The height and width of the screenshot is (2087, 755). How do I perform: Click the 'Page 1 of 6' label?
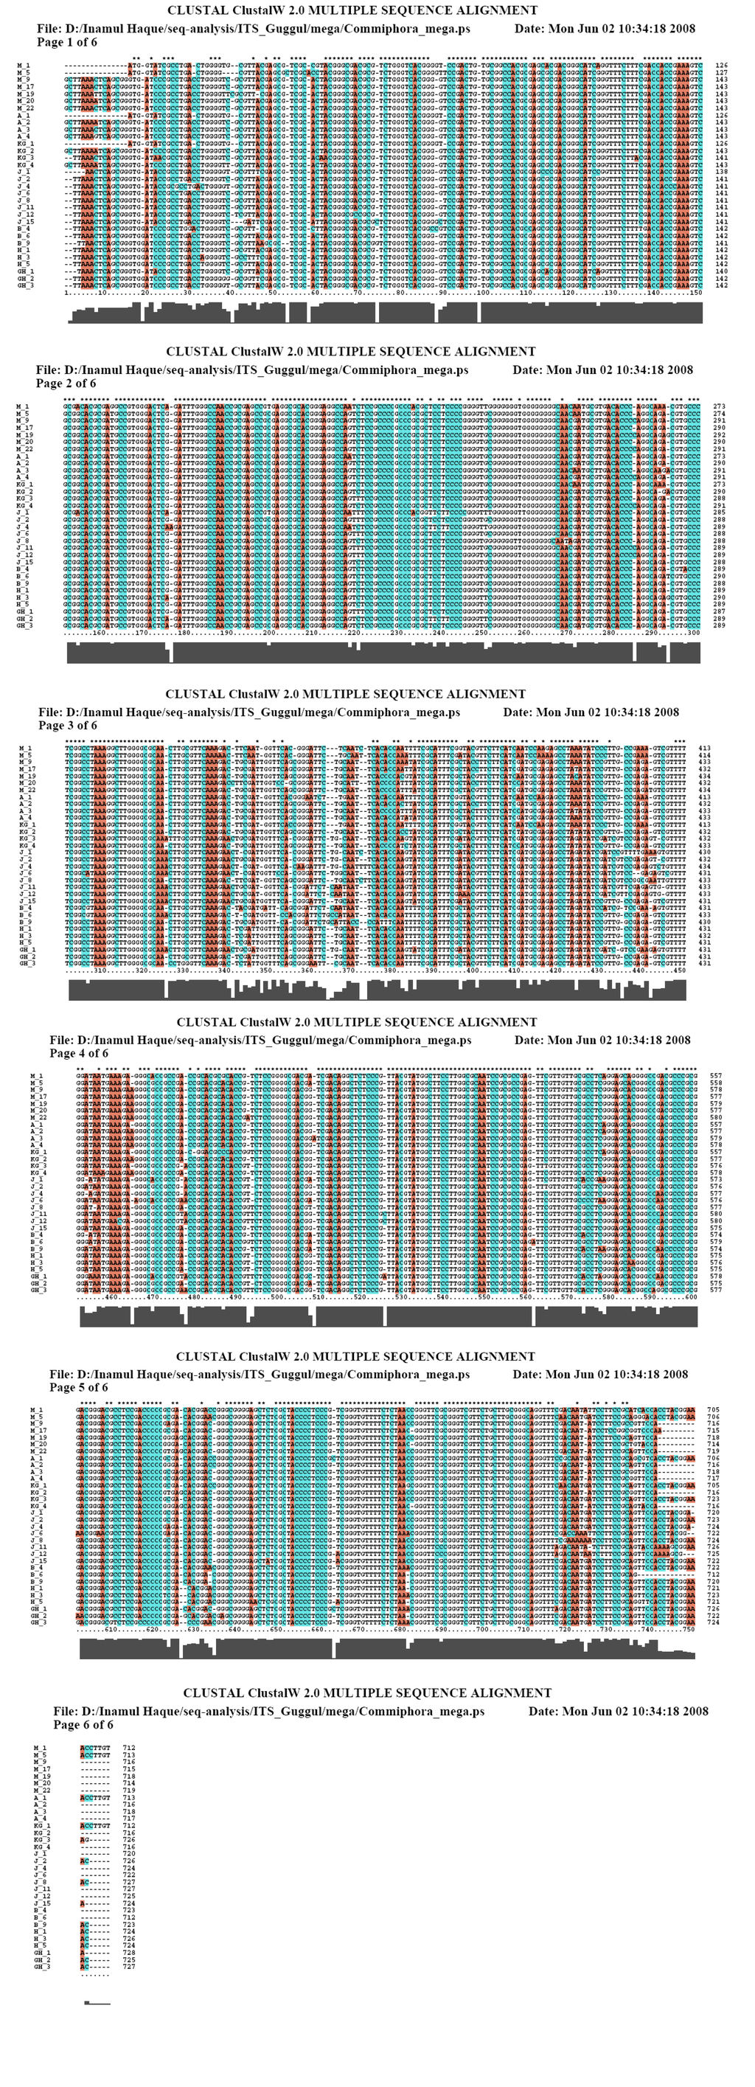pyautogui.click(x=66, y=42)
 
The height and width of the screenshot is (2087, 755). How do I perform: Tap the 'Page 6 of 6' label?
pyautogui.click(x=83, y=1725)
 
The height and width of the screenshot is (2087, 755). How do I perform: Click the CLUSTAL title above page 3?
pyautogui.click(x=345, y=695)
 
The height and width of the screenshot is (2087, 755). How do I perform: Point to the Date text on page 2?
pyautogui.click(x=602, y=370)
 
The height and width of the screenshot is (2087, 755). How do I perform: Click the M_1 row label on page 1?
pyautogui.click(x=24, y=66)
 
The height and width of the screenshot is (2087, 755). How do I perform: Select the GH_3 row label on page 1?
pyautogui.click(x=25, y=285)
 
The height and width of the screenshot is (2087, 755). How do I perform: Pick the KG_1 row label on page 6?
pyautogui.click(x=41, y=1803)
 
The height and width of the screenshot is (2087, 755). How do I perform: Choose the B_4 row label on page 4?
pyautogui.click(x=36, y=1235)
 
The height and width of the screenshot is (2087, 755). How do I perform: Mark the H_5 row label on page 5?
pyautogui.click(x=36, y=1602)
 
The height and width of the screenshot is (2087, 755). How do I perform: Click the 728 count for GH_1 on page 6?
pyautogui.click(x=129, y=1953)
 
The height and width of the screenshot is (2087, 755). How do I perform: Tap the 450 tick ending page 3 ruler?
pyautogui.click(x=680, y=970)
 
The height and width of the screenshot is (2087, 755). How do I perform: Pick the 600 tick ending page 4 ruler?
pyautogui.click(x=691, y=1298)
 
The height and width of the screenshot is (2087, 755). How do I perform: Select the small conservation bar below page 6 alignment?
pyautogui.click(x=97, y=2003)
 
